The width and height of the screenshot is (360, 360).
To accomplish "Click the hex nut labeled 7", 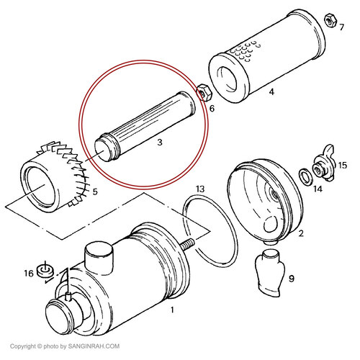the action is click(331, 21).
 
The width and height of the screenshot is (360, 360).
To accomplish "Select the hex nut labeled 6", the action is click(204, 92).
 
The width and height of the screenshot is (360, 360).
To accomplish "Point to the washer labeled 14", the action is click(305, 177).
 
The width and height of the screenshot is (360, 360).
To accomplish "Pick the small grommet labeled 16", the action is click(45, 271).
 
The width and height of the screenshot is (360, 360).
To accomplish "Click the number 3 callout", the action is click(160, 143).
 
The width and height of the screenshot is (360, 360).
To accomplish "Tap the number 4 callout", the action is click(271, 91).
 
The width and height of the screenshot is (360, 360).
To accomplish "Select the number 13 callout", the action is click(200, 189).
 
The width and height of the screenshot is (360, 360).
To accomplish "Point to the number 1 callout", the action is click(172, 310).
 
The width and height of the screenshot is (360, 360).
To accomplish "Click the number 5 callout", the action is click(95, 192).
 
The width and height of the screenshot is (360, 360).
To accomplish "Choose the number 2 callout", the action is click(301, 233).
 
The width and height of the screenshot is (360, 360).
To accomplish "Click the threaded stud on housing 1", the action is click(188, 246).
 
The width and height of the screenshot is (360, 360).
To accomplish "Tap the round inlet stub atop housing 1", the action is click(99, 258).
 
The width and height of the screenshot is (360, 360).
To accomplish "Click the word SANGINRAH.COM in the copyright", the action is click(94, 346).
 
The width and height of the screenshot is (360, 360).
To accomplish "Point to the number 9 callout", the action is click(291, 279).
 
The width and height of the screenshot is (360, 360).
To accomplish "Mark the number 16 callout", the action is click(28, 274).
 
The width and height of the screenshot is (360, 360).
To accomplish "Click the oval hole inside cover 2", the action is click(271, 223).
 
